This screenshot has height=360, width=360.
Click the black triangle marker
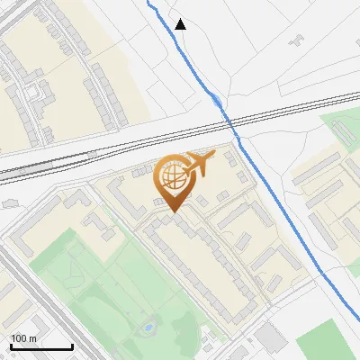(x=181, y=24)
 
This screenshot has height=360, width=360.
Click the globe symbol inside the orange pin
(x=172, y=178)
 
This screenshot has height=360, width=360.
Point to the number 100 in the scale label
(x=19, y=338)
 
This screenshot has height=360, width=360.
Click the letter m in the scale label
(x=31, y=338)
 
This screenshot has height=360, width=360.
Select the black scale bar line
(x=41, y=346)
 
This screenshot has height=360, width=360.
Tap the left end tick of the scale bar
(x=11, y=346)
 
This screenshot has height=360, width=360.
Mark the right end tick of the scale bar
(x=72, y=346)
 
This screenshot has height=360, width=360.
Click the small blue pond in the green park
(x=147, y=328)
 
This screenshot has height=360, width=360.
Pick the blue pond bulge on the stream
(x=216, y=101)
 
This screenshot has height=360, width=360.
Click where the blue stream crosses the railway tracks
(x=229, y=121)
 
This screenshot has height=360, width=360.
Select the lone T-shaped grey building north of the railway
(x=296, y=40)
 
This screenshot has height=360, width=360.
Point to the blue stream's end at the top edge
(x=148, y=3)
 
